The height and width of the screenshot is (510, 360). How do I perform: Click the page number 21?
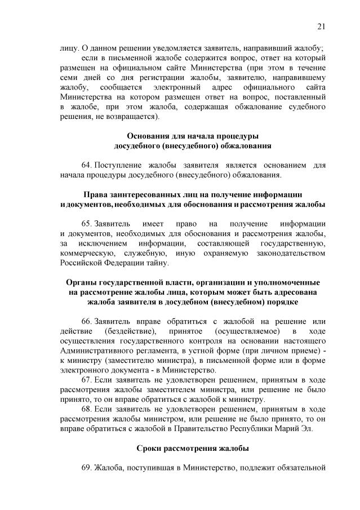(x=322, y=26)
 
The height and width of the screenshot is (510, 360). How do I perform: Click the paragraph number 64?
(x=86, y=166)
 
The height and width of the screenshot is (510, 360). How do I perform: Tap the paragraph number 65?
(x=86, y=224)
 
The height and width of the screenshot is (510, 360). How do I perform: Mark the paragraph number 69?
(x=86, y=468)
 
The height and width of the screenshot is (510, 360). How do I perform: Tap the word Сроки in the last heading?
(x=150, y=449)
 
